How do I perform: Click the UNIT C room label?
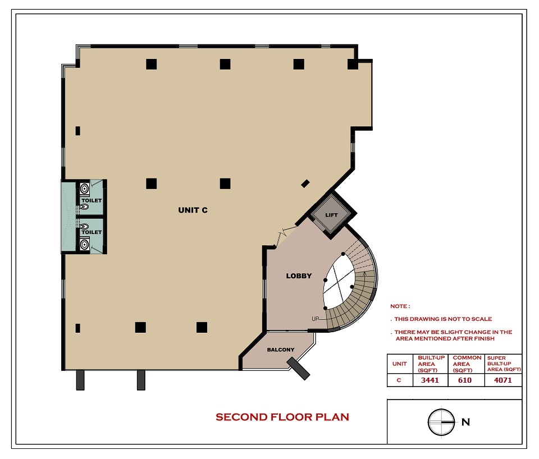point(193,210)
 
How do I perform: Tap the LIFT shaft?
point(331,215)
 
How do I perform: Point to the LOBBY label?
point(299,276)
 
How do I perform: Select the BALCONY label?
point(281,350)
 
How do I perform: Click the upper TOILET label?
point(92,200)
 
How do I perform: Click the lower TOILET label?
point(92,232)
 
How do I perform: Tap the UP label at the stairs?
point(315,319)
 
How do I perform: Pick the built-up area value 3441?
point(430,380)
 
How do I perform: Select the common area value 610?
point(465,380)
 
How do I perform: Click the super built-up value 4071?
point(503,380)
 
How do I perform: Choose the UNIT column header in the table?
point(399,364)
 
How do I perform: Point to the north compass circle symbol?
point(441,422)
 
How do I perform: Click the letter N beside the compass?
point(466,422)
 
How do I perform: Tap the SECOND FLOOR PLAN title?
point(282,417)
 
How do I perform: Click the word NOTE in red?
point(399,306)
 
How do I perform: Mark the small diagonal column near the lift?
point(305,184)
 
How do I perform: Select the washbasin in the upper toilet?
point(85,189)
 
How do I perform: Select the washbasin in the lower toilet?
point(85,245)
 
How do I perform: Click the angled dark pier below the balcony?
point(299,368)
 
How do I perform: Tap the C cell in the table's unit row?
point(399,380)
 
